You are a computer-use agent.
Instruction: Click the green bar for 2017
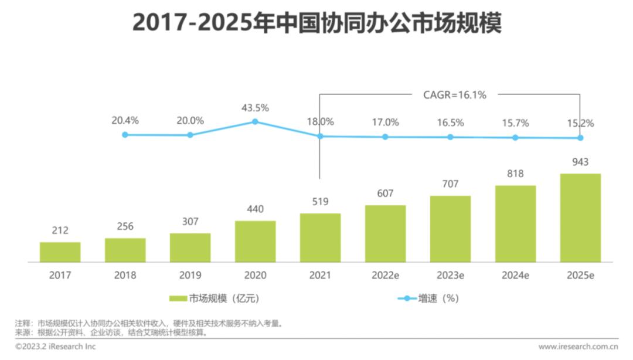pyautogui.click(x=60, y=252)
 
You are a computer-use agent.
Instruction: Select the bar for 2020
pyautogui.click(x=255, y=241)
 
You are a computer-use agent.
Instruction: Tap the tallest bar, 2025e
pyautogui.click(x=580, y=218)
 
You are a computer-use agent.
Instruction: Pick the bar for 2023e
pyautogui.click(x=450, y=229)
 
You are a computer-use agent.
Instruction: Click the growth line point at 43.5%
pyautogui.click(x=255, y=121)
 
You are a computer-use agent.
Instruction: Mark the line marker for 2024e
pyautogui.click(x=515, y=137)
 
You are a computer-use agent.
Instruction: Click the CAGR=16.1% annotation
pyautogui.click(x=454, y=94)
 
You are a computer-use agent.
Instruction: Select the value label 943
pyautogui.click(x=580, y=162)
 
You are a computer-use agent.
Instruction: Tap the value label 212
pyautogui.click(x=60, y=230)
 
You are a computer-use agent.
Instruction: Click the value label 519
pyautogui.click(x=320, y=202)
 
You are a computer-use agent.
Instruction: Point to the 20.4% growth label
pyautogui.click(x=125, y=121)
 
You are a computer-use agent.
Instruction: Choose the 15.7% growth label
pyautogui.click(x=515, y=123)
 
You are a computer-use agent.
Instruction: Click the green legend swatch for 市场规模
pyautogui.click(x=178, y=298)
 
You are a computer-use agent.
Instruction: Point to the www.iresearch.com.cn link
pyautogui.click(x=578, y=347)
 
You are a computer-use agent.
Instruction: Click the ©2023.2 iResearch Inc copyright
pyautogui.click(x=55, y=347)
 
